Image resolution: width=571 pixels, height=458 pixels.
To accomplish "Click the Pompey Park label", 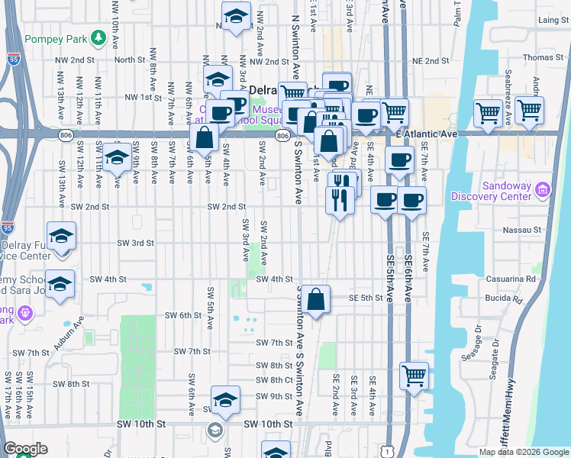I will (x=55, y=38).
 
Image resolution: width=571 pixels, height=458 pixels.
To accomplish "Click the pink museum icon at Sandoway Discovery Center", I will (x=543, y=189).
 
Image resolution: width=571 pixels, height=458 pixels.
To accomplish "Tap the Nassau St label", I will (x=523, y=229).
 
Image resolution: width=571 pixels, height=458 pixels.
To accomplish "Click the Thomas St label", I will (x=544, y=58).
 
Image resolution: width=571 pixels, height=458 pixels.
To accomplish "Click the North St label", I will (x=130, y=60).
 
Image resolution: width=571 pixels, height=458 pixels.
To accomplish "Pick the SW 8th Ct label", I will (x=275, y=380).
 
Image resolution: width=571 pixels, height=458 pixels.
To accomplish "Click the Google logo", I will (x=26, y=449).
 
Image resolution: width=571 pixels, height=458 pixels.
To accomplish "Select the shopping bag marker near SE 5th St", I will (x=315, y=298).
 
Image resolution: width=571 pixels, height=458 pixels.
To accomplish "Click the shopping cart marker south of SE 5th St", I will (x=414, y=375).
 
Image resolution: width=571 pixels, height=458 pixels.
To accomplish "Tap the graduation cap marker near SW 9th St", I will (x=225, y=398).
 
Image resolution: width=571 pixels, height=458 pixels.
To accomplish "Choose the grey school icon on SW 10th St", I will (x=216, y=431).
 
